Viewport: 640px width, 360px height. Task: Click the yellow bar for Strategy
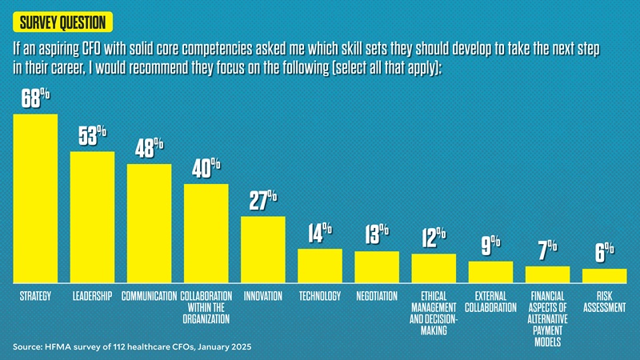point(35,198)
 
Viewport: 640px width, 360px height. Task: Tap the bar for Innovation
point(263,250)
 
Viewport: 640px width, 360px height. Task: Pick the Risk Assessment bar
point(604,276)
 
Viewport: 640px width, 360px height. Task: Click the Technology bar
point(320,266)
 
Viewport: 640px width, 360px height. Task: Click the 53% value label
point(93,137)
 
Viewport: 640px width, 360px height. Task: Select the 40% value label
point(206,170)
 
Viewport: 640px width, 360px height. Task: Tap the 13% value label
point(376,234)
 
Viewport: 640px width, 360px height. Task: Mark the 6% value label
point(604,252)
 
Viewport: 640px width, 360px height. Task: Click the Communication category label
point(149,296)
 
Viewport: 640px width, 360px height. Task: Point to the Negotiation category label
point(377,296)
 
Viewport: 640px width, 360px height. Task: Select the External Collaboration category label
point(490,302)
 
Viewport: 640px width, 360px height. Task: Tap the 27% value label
point(263,200)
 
